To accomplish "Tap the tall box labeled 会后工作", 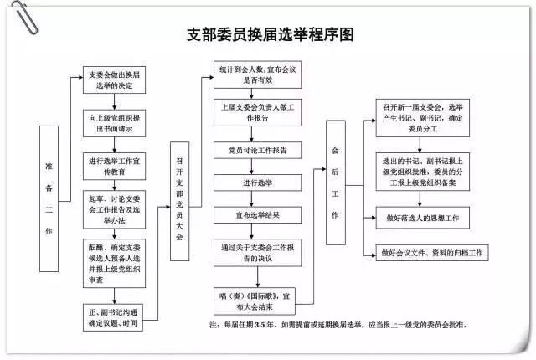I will tap(335, 183).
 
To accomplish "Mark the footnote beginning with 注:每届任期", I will tap(360, 325).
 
